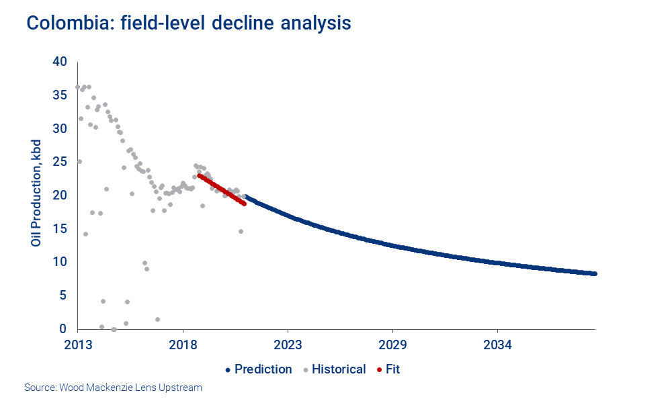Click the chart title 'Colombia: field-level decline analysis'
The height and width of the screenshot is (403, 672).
point(189,23)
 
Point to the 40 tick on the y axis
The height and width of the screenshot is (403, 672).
point(60,62)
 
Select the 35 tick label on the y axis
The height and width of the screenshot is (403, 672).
point(60,95)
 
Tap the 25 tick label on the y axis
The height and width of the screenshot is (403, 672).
point(60,162)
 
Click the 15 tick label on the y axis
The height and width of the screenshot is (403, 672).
point(60,228)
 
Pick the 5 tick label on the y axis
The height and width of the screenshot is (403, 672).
point(63,296)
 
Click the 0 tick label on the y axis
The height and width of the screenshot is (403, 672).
point(63,328)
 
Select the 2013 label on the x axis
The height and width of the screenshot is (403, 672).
point(78,345)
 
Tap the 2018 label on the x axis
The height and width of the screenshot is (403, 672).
point(183,345)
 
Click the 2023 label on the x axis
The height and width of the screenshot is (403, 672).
point(288,345)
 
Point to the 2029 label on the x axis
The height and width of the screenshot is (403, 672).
point(392,345)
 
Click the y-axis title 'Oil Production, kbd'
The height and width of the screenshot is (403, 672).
point(36,193)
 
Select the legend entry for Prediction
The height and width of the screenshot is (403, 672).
point(259,369)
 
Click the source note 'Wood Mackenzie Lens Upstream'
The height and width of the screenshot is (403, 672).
point(113,388)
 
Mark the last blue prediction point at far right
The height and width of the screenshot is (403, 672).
point(595,273)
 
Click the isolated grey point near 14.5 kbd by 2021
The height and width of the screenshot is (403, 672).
point(241,231)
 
